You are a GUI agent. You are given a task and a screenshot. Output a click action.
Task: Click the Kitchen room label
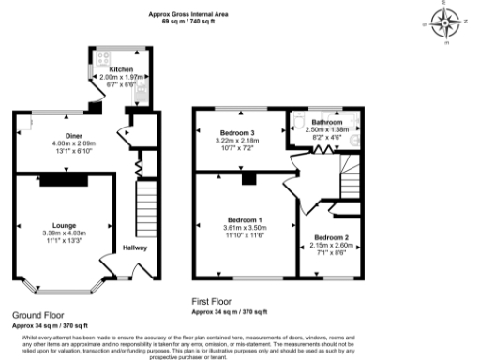tap(121, 69)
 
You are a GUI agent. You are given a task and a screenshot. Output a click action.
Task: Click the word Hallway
tap(137, 248)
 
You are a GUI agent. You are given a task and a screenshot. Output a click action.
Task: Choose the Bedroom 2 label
tap(331, 237)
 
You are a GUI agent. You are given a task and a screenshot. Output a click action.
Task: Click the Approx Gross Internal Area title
tap(191, 14)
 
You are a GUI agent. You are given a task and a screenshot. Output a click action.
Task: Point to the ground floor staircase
tap(143, 206)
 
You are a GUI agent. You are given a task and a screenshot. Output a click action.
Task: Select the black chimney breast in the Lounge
tap(65, 178)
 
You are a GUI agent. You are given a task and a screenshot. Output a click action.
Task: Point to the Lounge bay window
tap(64, 284)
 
